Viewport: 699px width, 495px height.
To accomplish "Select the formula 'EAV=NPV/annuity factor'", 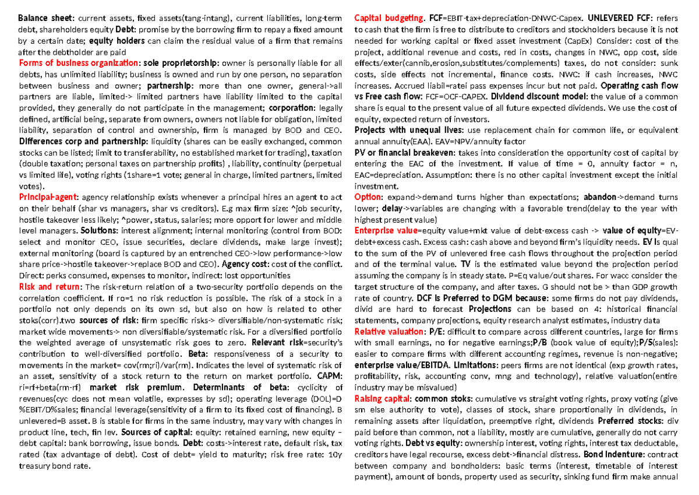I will [x=475, y=141].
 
